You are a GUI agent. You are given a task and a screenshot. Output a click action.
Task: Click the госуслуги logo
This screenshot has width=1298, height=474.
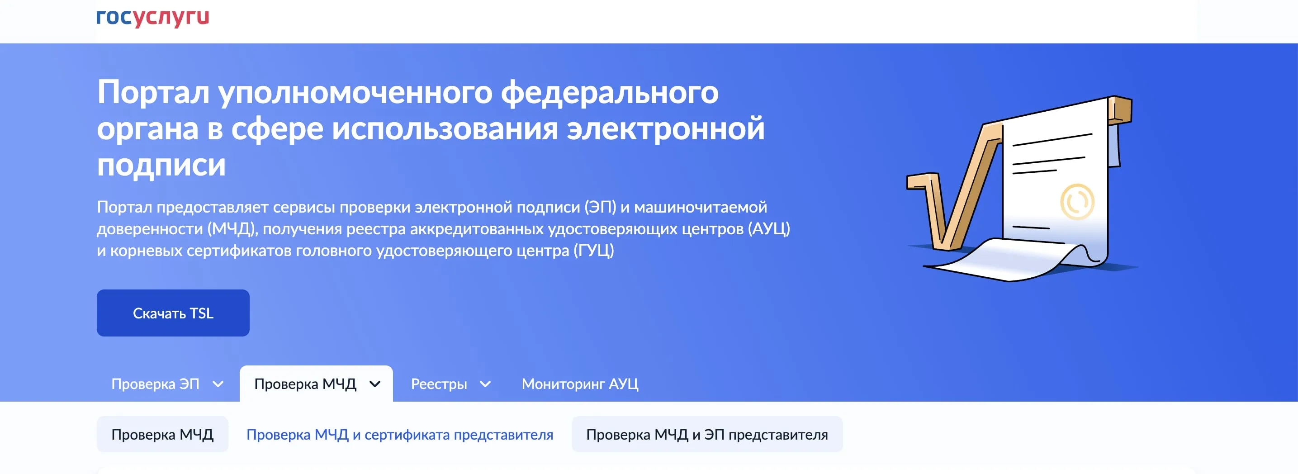[153, 17]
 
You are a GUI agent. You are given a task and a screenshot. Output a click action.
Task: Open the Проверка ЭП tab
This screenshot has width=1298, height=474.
[155, 384]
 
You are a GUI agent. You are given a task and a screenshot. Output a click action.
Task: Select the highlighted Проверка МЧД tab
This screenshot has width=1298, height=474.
[305, 384]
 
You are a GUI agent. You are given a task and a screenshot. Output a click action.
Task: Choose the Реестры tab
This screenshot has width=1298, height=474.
[439, 384]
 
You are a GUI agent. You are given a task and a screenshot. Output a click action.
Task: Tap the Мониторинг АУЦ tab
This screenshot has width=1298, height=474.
[579, 384]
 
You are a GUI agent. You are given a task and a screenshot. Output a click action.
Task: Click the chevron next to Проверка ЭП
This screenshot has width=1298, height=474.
[218, 384]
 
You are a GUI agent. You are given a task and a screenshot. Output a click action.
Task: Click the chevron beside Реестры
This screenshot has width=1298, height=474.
[485, 384]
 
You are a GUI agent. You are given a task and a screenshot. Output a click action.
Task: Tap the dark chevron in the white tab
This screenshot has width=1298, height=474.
[375, 384]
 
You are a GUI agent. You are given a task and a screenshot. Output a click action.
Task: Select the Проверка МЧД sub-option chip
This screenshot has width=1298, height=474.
[162, 434]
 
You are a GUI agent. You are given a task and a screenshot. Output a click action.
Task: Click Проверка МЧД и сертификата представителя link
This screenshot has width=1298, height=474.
[400, 434]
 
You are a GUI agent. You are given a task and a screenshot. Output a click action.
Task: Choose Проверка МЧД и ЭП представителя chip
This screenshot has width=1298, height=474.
[706, 434]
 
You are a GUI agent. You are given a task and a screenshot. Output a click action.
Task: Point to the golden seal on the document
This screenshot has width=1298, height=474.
[1077, 201]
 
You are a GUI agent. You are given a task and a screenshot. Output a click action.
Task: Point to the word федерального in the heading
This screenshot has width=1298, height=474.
[610, 92]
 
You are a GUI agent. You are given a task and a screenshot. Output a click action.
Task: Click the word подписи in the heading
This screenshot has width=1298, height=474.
[161, 165]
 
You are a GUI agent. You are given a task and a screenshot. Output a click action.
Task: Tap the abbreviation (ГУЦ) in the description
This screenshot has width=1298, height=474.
[593, 251]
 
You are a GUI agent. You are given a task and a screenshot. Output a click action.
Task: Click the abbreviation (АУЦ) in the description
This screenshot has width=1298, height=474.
[768, 229]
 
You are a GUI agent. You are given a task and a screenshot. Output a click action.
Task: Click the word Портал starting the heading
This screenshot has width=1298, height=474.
[153, 92]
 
